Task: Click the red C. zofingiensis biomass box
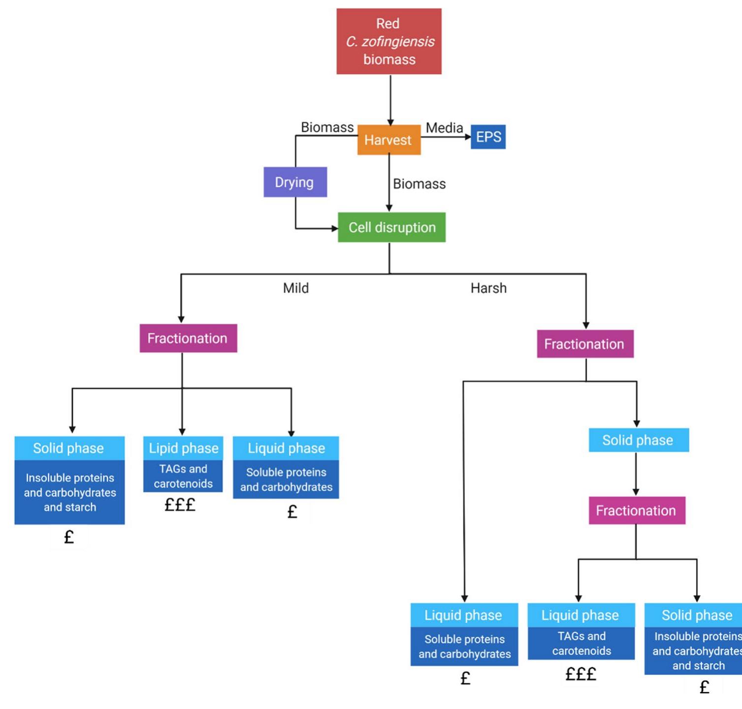(388, 41)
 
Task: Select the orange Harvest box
(388, 140)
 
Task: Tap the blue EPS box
(488, 137)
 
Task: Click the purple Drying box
(294, 182)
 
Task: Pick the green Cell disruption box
(391, 227)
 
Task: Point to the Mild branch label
(295, 288)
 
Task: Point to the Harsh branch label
(488, 288)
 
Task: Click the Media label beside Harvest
(444, 128)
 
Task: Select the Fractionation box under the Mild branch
(188, 338)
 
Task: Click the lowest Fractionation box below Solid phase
(636, 510)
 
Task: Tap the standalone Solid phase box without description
(638, 440)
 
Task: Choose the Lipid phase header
(183, 448)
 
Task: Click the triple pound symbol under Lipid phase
(180, 505)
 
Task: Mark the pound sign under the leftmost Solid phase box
(69, 537)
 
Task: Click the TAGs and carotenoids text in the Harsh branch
(581, 643)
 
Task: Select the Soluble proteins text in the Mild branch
(286, 479)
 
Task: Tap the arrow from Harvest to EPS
(446, 137)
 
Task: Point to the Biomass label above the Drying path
(327, 128)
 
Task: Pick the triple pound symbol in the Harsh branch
(581, 674)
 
